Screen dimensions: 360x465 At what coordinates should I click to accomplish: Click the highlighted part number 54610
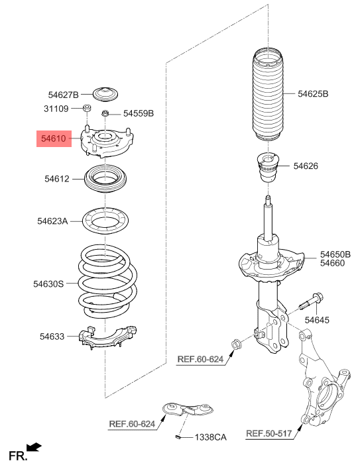point(54,138)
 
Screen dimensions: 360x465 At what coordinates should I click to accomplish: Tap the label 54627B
point(63,95)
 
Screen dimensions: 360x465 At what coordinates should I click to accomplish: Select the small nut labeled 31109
point(86,108)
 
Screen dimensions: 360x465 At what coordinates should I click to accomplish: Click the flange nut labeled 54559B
point(105,113)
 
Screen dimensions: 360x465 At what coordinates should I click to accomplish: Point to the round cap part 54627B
point(105,93)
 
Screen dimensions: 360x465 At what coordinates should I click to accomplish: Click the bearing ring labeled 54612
point(105,179)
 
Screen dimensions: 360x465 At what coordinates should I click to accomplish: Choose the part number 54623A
point(52,221)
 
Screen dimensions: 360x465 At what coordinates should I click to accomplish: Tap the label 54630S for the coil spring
point(48,284)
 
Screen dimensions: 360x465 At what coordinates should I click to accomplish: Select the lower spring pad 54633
point(107,338)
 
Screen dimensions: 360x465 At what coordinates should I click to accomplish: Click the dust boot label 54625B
point(313,94)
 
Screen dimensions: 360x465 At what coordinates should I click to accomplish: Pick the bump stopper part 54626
point(269,168)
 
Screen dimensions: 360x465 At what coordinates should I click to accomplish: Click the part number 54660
point(332,263)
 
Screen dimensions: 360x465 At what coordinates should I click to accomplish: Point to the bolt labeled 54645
point(312,301)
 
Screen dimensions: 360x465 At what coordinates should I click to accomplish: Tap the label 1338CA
point(210,437)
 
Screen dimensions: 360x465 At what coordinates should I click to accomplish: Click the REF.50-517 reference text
point(269,434)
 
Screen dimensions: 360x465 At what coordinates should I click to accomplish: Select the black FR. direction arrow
point(34,446)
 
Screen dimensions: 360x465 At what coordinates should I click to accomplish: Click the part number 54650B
point(335,254)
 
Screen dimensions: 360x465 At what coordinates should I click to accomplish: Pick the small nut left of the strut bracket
point(235,345)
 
